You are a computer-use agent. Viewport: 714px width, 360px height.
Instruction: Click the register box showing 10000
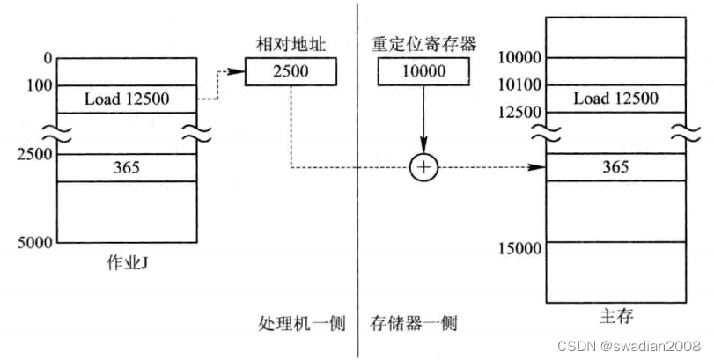coord(424,71)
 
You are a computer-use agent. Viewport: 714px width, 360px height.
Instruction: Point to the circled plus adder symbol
coord(423,167)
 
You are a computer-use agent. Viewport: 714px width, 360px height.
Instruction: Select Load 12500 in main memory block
coord(615,99)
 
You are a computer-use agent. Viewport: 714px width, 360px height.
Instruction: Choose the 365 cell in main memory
coord(615,166)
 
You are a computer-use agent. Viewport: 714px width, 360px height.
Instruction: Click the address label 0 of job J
coord(48,58)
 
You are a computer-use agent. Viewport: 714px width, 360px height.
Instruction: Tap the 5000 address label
coord(35,241)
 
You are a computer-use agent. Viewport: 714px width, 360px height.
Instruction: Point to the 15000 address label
coord(518,249)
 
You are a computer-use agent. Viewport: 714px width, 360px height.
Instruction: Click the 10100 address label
coord(518,85)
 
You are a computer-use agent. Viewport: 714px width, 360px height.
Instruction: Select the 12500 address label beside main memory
coord(518,113)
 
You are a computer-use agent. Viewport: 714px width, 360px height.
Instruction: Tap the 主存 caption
coord(615,314)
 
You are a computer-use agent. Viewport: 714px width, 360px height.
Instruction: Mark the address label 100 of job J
coord(40,85)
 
